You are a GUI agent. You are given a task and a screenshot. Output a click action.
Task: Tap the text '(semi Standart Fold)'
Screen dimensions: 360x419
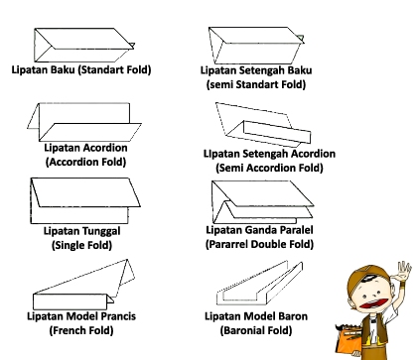click(257, 84)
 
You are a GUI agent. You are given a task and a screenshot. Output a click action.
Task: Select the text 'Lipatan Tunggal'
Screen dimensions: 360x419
click(79, 231)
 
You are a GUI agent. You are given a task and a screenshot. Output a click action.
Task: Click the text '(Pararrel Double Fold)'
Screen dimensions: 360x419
click(258, 243)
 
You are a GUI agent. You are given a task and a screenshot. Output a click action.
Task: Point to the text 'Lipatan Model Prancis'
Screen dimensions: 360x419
click(81, 316)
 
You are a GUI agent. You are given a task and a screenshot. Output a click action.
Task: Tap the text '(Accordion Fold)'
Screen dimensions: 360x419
click(79, 160)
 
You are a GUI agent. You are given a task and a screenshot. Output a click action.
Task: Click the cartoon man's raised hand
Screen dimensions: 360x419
click(403, 271)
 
